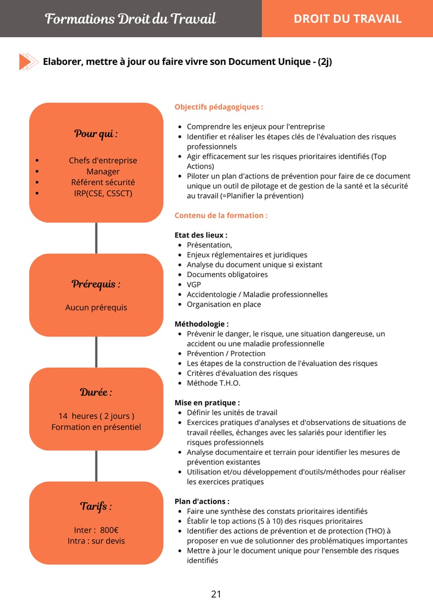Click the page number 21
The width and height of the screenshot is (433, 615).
coord(216,594)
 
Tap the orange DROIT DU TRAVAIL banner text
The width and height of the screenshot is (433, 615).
coord(347,19)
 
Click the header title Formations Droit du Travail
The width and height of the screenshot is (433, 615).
coord(130,19)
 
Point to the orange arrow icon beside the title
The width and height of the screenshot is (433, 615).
coord(28,61)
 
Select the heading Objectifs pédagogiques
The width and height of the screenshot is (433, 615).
coord(219,107)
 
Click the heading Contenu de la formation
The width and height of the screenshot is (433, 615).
coord(221,215)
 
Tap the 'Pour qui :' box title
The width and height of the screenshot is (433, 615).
coord(96,134)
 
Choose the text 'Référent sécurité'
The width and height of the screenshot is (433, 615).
coord(103,182)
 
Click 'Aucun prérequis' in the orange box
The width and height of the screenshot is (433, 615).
coord(96,307)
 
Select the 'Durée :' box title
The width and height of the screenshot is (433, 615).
coord(96,392)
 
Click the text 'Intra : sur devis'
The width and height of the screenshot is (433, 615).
coord(96,541)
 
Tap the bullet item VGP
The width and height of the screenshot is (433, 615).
coord(194,284)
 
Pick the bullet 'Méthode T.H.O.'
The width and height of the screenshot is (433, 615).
coord(214,383)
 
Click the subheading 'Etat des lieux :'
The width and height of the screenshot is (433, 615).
coord(201,235)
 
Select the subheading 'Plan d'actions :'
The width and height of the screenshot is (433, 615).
coord(202,501)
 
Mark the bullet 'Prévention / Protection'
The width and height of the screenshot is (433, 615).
coord(226,353)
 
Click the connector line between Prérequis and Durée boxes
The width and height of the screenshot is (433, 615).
coord(96,352)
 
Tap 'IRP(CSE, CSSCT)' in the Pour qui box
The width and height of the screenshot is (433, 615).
coord(103,193)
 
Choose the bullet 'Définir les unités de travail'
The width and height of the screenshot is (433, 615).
coord(232,412)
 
